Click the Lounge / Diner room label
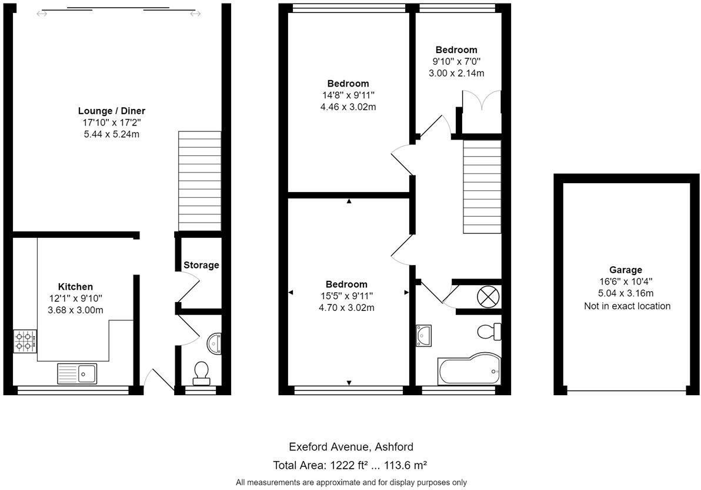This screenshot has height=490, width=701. point(112,111)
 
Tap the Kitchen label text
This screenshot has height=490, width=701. point(75,287)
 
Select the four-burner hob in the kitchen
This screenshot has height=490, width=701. point(25,342)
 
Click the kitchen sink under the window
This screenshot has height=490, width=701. point(77,373)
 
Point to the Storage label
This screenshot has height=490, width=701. point(201,265)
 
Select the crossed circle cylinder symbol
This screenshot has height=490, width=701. point(488,296)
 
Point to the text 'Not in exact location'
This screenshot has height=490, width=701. point(627,306)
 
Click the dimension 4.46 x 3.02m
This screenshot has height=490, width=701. point(348,107)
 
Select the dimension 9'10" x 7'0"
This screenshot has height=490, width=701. point(456,61)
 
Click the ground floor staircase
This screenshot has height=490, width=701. point(199,180)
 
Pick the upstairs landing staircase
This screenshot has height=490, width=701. point(482,186)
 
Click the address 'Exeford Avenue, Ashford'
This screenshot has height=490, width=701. point(350,447)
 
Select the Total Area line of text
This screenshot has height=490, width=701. point(350,465)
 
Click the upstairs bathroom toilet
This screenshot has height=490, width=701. point(488,332)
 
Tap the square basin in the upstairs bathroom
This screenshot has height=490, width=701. point(423,335)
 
